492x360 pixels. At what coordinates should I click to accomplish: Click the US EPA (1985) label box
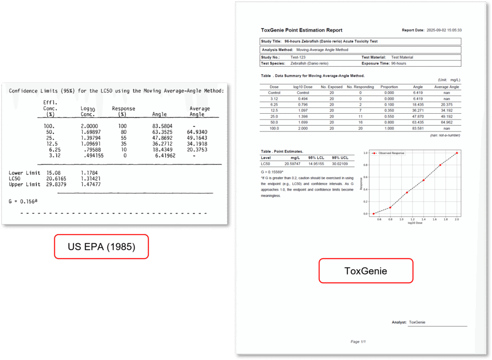tap(101, 247)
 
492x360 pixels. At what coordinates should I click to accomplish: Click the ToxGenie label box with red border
tap(366, 271)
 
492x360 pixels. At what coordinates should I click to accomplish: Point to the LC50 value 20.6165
tap(57, 179)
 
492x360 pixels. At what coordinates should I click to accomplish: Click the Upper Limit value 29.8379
tap(57, 184)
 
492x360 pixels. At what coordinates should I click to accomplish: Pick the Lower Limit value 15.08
tap(53, 173)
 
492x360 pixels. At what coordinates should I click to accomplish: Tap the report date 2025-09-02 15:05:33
tap(444, 30)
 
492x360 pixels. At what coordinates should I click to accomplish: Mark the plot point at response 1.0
tap(456, 153)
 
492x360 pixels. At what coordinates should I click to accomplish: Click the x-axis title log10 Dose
tap(415, 223)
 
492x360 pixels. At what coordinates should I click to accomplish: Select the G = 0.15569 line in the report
tap(272, 171)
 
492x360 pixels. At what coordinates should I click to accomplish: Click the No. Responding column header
tap(360, 87)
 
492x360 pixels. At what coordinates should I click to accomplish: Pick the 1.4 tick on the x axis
tap(423, 219)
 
